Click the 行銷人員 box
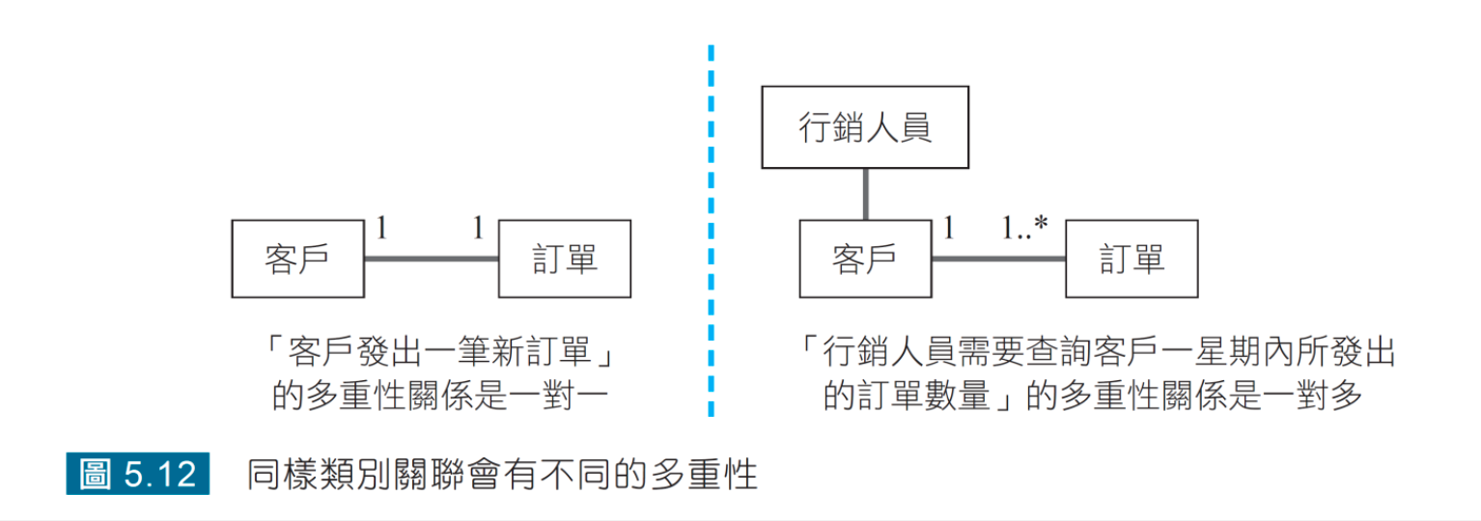point(864,127)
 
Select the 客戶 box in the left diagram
point(297,259)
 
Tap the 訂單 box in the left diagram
point(565,259)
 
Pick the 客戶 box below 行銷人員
point(865,259)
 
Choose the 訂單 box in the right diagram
point(1132,259)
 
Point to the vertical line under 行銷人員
point(866,194)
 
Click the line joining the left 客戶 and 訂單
point(432,259)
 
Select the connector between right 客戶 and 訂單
point(998,259)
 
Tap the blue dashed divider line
point(711,232)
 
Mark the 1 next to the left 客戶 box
point(381,229)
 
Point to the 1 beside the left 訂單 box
point(478,229)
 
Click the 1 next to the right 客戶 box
point(949,229)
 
